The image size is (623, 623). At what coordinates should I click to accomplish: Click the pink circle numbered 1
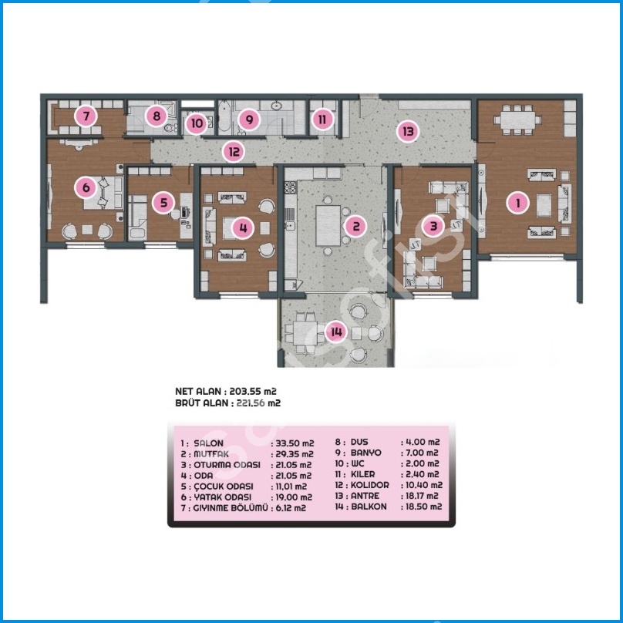tap(517, 203)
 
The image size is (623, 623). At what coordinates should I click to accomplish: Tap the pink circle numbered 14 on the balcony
tap(336, 332)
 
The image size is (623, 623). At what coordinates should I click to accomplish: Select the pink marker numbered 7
tap(86, 116)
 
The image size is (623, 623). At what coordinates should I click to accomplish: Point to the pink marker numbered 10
tap(197, 123)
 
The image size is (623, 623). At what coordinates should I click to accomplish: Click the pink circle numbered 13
tap(408, 131)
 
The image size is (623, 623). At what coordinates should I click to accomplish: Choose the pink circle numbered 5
tap(163, 203)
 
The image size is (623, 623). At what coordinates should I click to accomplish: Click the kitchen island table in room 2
tap(328, 225)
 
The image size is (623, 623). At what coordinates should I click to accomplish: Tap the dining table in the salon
tap(517, 120)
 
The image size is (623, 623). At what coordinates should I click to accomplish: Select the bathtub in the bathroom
tap(224, 116)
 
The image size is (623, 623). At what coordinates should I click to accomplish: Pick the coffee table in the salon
tap(544, 205)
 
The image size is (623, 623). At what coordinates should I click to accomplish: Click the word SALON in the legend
tap(209, 443)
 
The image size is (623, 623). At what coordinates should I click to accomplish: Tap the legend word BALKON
tap(369, 507)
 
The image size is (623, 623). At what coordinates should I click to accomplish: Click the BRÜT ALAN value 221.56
tap(251, 403)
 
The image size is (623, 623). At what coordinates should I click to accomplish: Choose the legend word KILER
tap(362, 474)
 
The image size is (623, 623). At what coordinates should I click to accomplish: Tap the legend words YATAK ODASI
tap(223, 497)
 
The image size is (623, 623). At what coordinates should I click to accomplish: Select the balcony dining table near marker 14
tap(305, 332)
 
